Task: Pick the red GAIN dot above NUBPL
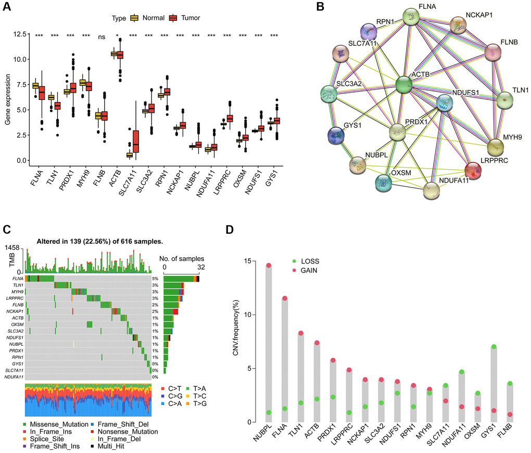coord(269,266)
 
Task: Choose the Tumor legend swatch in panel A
coord(174,18)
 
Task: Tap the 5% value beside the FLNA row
coord(155,279)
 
